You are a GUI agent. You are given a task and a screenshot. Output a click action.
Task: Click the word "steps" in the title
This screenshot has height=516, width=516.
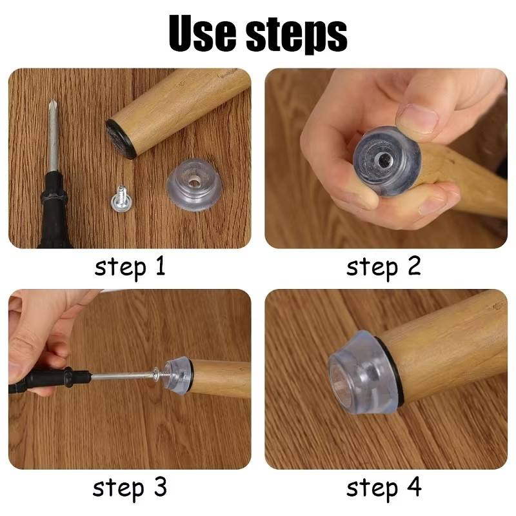coord(297,35)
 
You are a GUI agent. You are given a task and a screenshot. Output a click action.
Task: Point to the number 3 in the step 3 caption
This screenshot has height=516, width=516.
coord(160,487)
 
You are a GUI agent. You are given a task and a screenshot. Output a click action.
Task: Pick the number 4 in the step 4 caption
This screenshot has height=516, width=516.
coord(414,487)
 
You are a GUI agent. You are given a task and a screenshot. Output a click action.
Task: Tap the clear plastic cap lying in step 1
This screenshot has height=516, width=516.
coord(195,184)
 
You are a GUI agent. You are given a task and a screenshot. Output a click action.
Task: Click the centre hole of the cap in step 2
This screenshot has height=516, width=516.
coord(382,161)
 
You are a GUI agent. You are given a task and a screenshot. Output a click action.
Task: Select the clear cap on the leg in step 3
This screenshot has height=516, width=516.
coord(179,376)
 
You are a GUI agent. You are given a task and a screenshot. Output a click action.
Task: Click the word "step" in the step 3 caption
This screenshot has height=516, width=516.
coord(119,488)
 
